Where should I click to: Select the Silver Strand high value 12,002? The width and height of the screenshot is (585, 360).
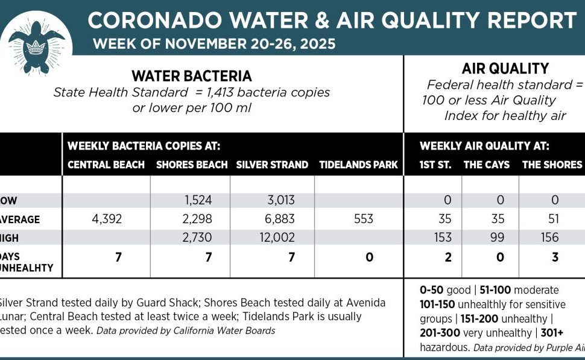(274, 238)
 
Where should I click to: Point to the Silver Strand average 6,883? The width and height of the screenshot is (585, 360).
(274, 219)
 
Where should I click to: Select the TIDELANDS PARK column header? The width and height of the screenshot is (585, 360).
(358, 165)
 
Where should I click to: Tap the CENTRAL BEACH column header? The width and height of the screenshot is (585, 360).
(106, 165)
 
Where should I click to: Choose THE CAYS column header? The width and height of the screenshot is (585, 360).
(486, 165)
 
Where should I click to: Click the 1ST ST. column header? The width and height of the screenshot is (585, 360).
(435, 165)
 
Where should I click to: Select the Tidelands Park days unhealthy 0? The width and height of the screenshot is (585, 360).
(369, 257)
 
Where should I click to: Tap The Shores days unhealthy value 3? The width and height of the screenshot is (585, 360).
(554, 257)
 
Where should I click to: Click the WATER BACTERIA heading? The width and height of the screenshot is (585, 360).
(191, 76)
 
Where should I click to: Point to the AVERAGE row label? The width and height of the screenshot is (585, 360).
(21, 219)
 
